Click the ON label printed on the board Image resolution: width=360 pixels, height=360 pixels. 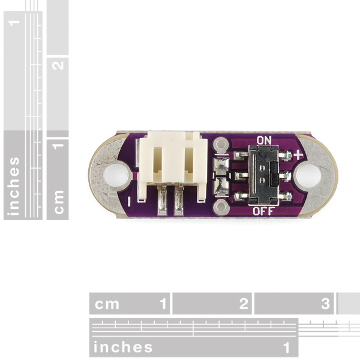264,140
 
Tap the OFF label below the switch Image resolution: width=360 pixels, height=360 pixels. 263,211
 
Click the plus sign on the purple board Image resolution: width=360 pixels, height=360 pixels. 298,155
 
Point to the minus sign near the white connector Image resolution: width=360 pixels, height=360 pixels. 129,202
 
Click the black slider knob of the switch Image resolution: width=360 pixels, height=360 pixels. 275,173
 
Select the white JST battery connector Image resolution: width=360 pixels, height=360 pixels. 172,167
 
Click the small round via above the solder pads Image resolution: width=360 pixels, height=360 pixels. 221,145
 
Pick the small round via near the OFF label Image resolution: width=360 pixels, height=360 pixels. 221,208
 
